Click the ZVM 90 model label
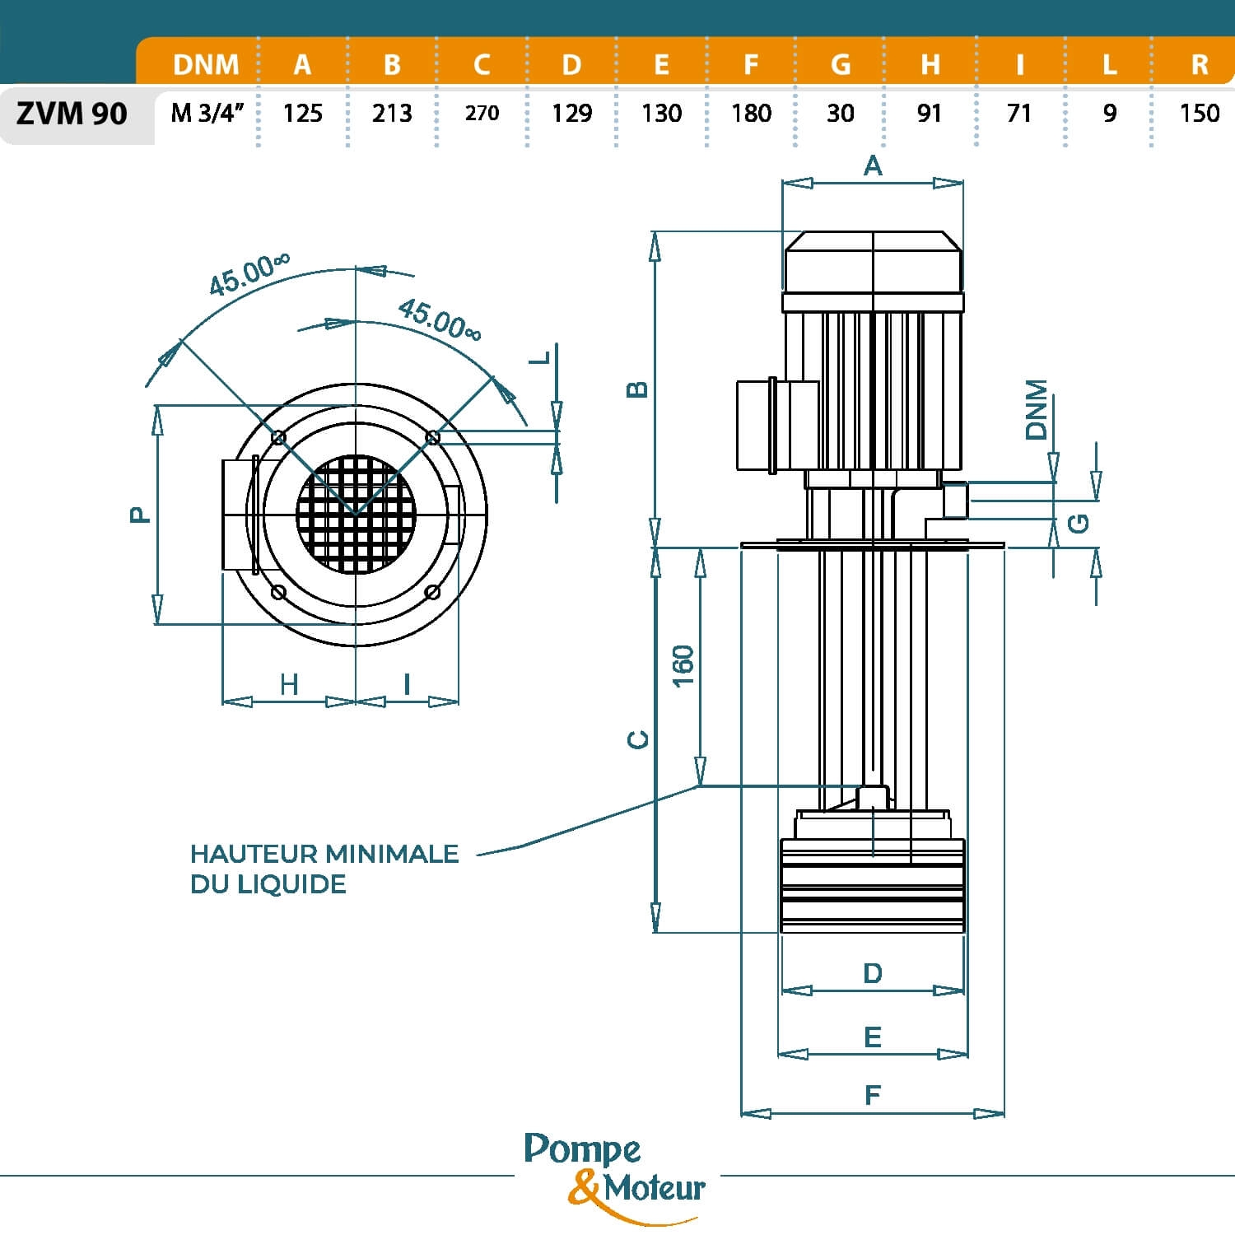pyautogui.click(x=72, y=113)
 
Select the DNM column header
pyautogui.click(x=206, y=64)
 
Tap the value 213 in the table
pyautogui.click(x=392, y=113)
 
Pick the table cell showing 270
pyautogui.click(x=482, y=113)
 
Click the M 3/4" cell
pyautogui.click(x=207, y=113)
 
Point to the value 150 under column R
pyautogui.click(x=1199, y=113)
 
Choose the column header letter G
pyautogui.click(x=840, y=64)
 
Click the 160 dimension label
pyautogui.click(x=683, y=665)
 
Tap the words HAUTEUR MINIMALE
pyautogui.click(x=324, y=854)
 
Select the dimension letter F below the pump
pyautogui.click(x=873, y=1095)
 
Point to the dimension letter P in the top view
pyautogui.click(x=140, y=515)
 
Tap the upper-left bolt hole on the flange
pyautogui.click(x=278, y=437)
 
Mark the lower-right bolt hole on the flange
pyautogui.click(x=433, y=592)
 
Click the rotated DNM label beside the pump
pyautogui.click(x=1037, y=410)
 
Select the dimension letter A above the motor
pyautogui.click(x=873, y=166)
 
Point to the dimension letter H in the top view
pyautogui.click(x=288, y=684)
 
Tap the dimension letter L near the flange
pyautogui.click(x=540, y=358)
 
